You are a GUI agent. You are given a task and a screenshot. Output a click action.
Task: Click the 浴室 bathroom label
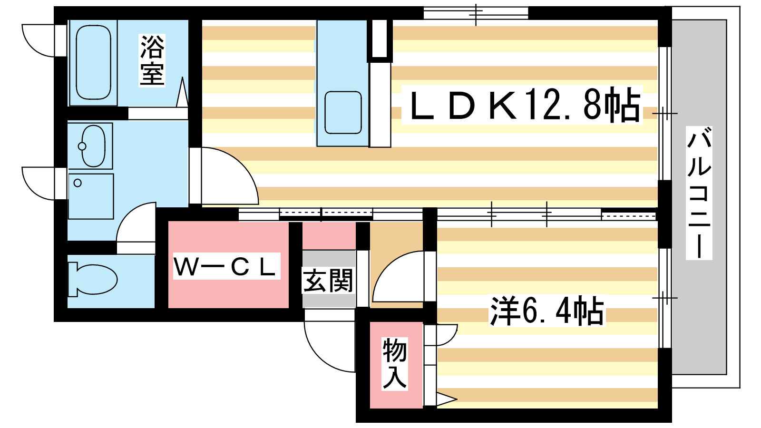(152, 60)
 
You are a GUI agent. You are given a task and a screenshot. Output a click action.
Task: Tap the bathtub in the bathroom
(93, 63)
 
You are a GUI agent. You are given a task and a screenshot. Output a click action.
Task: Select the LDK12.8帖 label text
(522, 105)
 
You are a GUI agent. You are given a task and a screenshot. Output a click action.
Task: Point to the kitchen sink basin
(343, 112)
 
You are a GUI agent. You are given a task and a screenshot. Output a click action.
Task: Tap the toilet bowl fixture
(93, 280)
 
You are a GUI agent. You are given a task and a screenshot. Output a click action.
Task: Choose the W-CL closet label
(226, 266)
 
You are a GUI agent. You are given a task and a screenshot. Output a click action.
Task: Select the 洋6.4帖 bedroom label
(547, 311)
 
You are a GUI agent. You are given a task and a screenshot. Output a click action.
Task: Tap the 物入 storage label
(395, 363)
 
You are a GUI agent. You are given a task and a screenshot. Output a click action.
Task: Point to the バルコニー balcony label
(699, 193)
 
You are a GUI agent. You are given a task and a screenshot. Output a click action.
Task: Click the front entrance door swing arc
(330, 346)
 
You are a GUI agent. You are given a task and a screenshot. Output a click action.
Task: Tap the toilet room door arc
(136, 223)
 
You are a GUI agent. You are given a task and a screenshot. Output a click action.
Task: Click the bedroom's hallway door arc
(398, 276)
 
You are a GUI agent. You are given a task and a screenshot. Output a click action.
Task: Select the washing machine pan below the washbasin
(91, 196)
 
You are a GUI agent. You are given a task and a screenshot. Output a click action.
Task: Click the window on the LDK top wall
(476, 13)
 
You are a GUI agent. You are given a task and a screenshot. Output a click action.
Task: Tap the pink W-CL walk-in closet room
(228, 264)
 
